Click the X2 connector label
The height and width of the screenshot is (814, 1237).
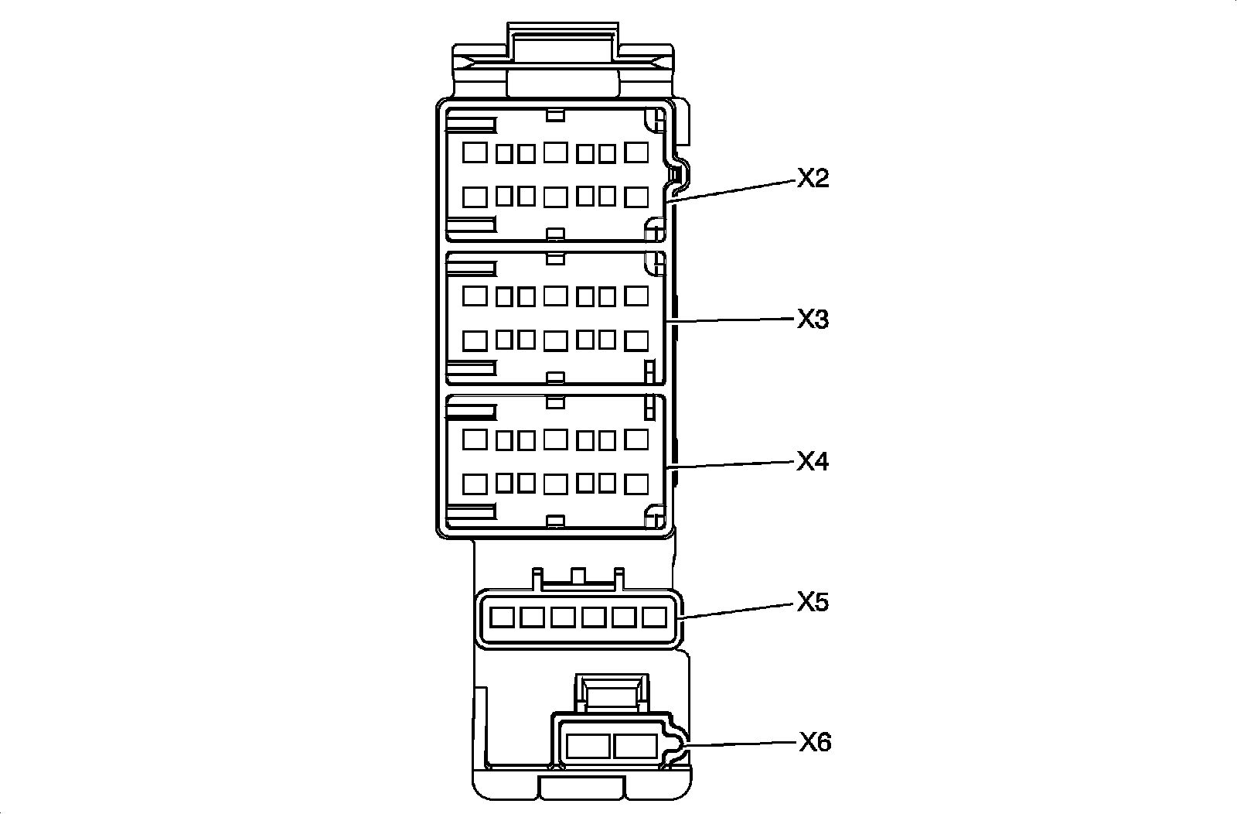pos(813,179)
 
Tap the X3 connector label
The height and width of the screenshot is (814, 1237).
pos(813,319)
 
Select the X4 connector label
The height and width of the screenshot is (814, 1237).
pos(813,462)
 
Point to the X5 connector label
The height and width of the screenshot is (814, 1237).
pos(813,602)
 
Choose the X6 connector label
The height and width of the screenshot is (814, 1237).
pos(815,743)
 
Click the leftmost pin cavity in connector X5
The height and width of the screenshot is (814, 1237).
pos(503,617)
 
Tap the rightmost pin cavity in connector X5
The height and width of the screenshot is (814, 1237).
pos(654,617)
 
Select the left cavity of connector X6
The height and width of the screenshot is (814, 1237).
pos(588,746)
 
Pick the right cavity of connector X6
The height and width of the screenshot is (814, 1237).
pos(635,746)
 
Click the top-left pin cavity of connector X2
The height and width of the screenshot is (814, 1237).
pos(475,152)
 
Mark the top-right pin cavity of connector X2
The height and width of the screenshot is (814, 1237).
pos(636,152)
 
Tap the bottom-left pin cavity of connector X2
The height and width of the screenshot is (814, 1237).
pos(475,197)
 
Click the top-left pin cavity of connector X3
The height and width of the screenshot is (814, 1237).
pos(475,295)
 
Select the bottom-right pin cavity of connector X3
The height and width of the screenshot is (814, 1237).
pos(636,340)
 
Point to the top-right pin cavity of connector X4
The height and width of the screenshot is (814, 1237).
pos(636,439)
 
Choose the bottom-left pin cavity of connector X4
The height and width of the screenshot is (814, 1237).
pos(475,484)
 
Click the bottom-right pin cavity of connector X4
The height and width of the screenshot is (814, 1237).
pos(636,484)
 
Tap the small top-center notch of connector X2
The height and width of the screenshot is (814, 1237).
pos(554,115)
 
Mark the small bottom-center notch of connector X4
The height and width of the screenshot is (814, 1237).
pos(554,519)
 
